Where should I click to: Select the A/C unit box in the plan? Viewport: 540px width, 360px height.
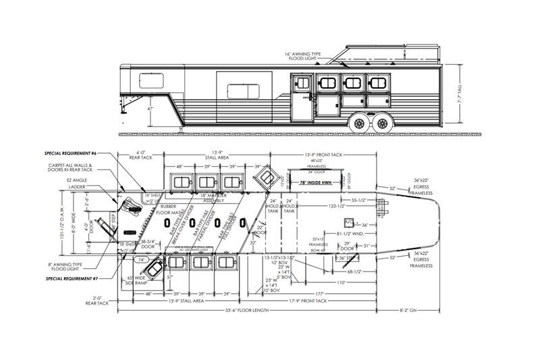point(348,222)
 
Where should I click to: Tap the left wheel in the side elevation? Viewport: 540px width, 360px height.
point(360,123)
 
